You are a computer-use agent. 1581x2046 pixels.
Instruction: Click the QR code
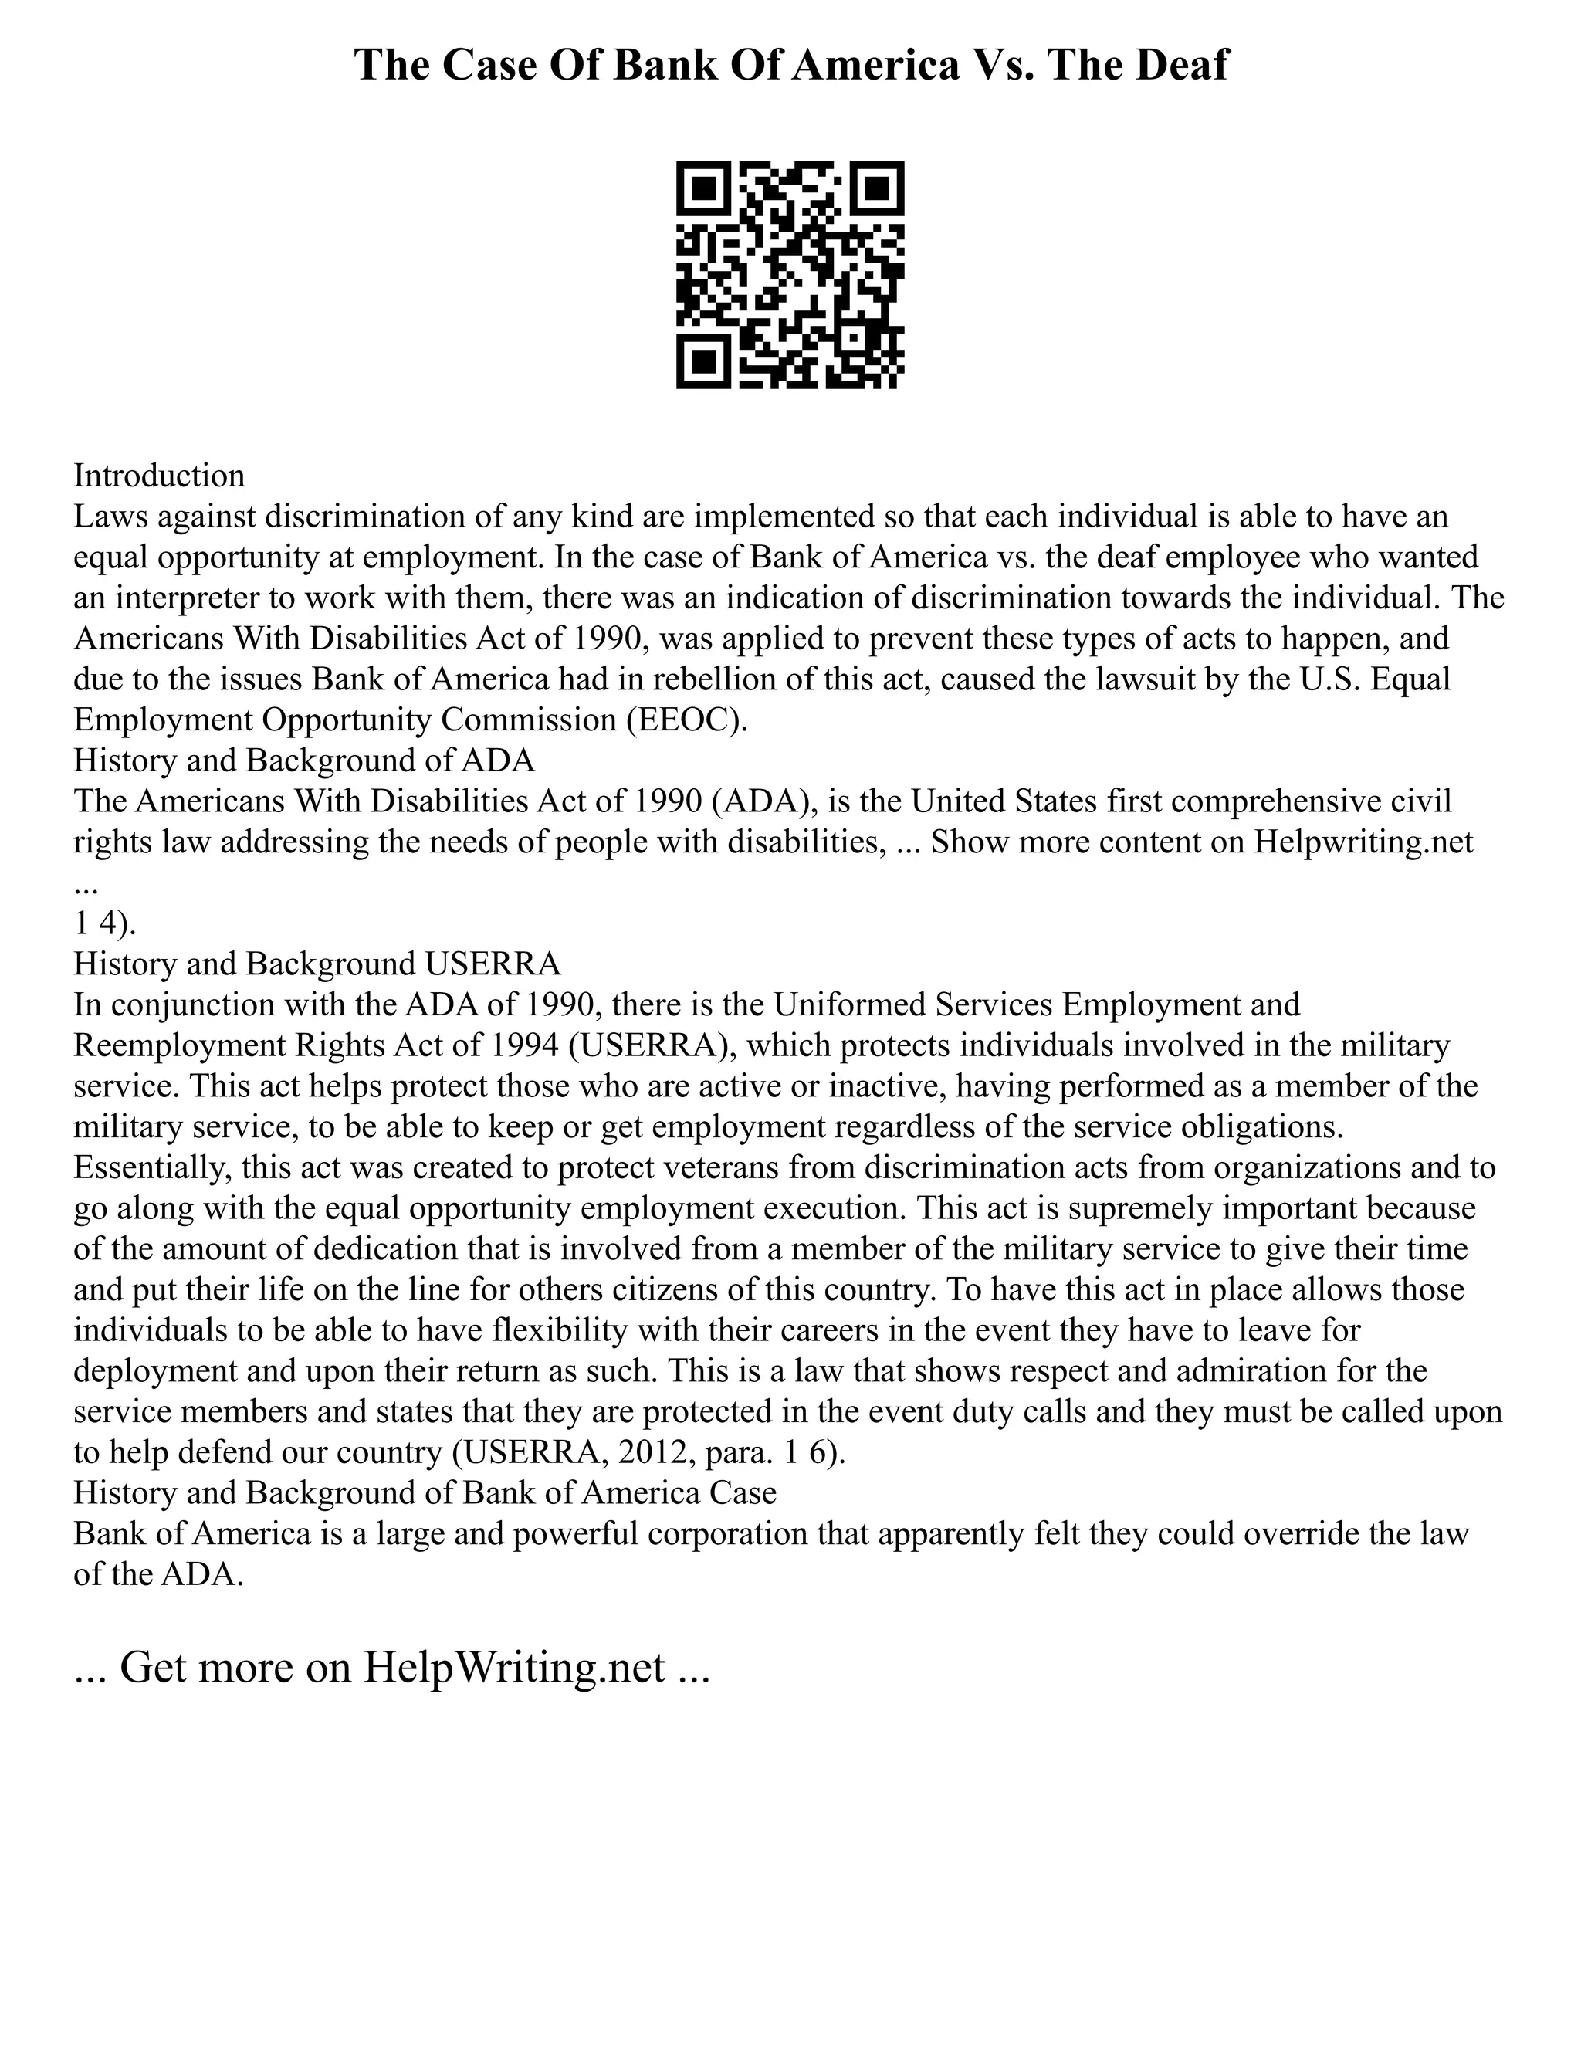tap(790, 275)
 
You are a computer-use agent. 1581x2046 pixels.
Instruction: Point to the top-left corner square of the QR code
tap(702, 188)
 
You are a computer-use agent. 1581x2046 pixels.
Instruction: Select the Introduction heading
tap(159, 476)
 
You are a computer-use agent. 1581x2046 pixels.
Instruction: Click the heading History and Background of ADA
tap(304, 760)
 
